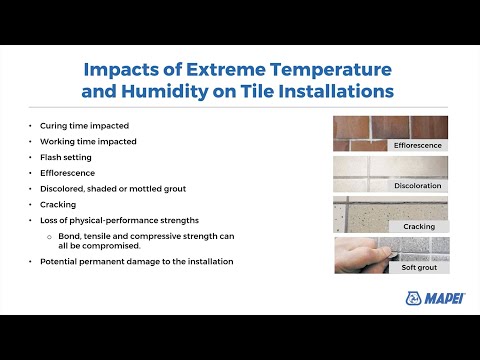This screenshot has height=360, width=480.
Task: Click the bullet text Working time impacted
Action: tap(88, 142)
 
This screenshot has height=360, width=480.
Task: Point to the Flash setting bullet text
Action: tap(69, 156)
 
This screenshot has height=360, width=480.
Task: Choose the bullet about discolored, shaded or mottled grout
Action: tap(113, 187)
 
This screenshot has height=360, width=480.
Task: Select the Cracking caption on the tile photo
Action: tap(418, 227)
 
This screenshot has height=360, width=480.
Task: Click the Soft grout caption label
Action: tap(418, 268)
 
